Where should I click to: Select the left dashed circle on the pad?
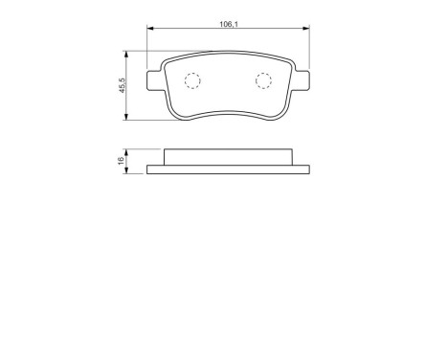pos(191,82)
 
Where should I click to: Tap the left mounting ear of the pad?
pos(154,78)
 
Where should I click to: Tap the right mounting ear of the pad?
pos(302,78)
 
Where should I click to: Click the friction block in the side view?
pos(228,158)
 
